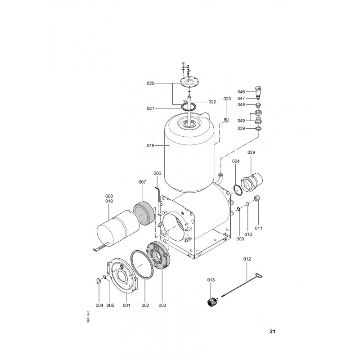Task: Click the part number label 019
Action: (x=150, y=145)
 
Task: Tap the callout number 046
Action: (x=241, y=92)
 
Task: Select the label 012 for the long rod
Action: (x=247, y=259)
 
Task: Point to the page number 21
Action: (x=272, y=331)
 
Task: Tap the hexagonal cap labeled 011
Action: (x=257, y=198)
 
